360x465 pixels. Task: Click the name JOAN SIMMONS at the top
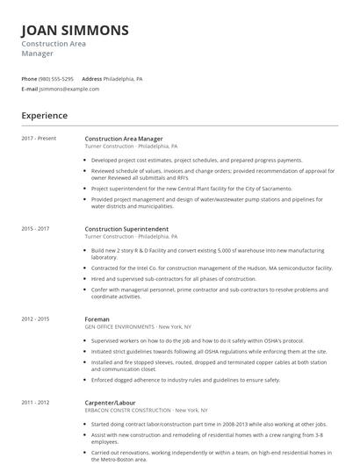75,30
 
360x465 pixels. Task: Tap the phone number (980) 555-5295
56,79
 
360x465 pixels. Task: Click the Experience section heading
44,115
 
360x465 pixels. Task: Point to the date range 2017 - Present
40,139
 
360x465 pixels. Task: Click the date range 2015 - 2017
36,229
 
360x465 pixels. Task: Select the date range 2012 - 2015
36,319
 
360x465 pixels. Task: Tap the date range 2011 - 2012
36,401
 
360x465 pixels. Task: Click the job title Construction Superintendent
126,229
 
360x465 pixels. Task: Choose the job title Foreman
97,319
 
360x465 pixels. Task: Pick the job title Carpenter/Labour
112,401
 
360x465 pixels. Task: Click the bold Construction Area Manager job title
124,139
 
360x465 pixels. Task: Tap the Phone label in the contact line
29,79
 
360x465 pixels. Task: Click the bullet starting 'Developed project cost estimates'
196,161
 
